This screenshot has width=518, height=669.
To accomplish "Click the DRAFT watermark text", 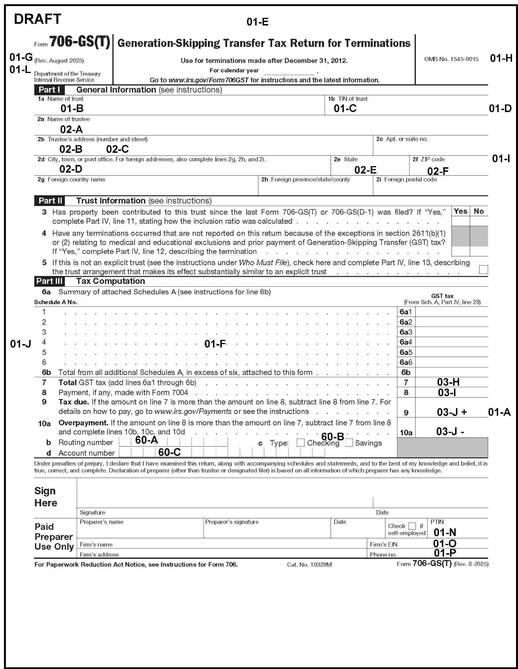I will (37, 19).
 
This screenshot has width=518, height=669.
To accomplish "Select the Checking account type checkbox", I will (300, 443).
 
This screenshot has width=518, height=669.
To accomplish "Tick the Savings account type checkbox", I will (349, 443).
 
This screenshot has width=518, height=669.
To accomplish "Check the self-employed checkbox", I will (412, 526).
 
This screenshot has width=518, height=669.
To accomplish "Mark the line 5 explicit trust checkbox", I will (483, 270).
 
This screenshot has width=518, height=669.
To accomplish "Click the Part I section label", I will (49, 90).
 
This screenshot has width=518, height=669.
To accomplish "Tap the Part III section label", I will (49, 281).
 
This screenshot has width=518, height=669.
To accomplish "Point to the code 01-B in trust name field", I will (72, 108).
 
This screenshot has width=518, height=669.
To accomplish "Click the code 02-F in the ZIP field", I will (438, 171).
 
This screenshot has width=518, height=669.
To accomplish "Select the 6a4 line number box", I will (406, 342).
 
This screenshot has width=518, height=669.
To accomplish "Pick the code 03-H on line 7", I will (448, 382).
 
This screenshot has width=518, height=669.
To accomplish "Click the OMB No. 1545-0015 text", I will (451, 59).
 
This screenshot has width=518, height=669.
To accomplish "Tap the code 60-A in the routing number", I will (146, 440).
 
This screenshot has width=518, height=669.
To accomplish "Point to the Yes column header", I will (461, 211).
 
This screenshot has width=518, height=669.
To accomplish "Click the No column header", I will (479, 211).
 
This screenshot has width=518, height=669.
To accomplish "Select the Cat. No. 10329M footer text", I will (309, 565).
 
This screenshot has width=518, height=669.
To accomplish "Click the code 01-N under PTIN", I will (445, 532).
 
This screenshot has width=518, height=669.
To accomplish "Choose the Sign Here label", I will (45, 497).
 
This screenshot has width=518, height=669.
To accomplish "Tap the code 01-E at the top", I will (257, 22).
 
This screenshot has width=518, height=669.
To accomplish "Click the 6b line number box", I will (406, 372).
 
